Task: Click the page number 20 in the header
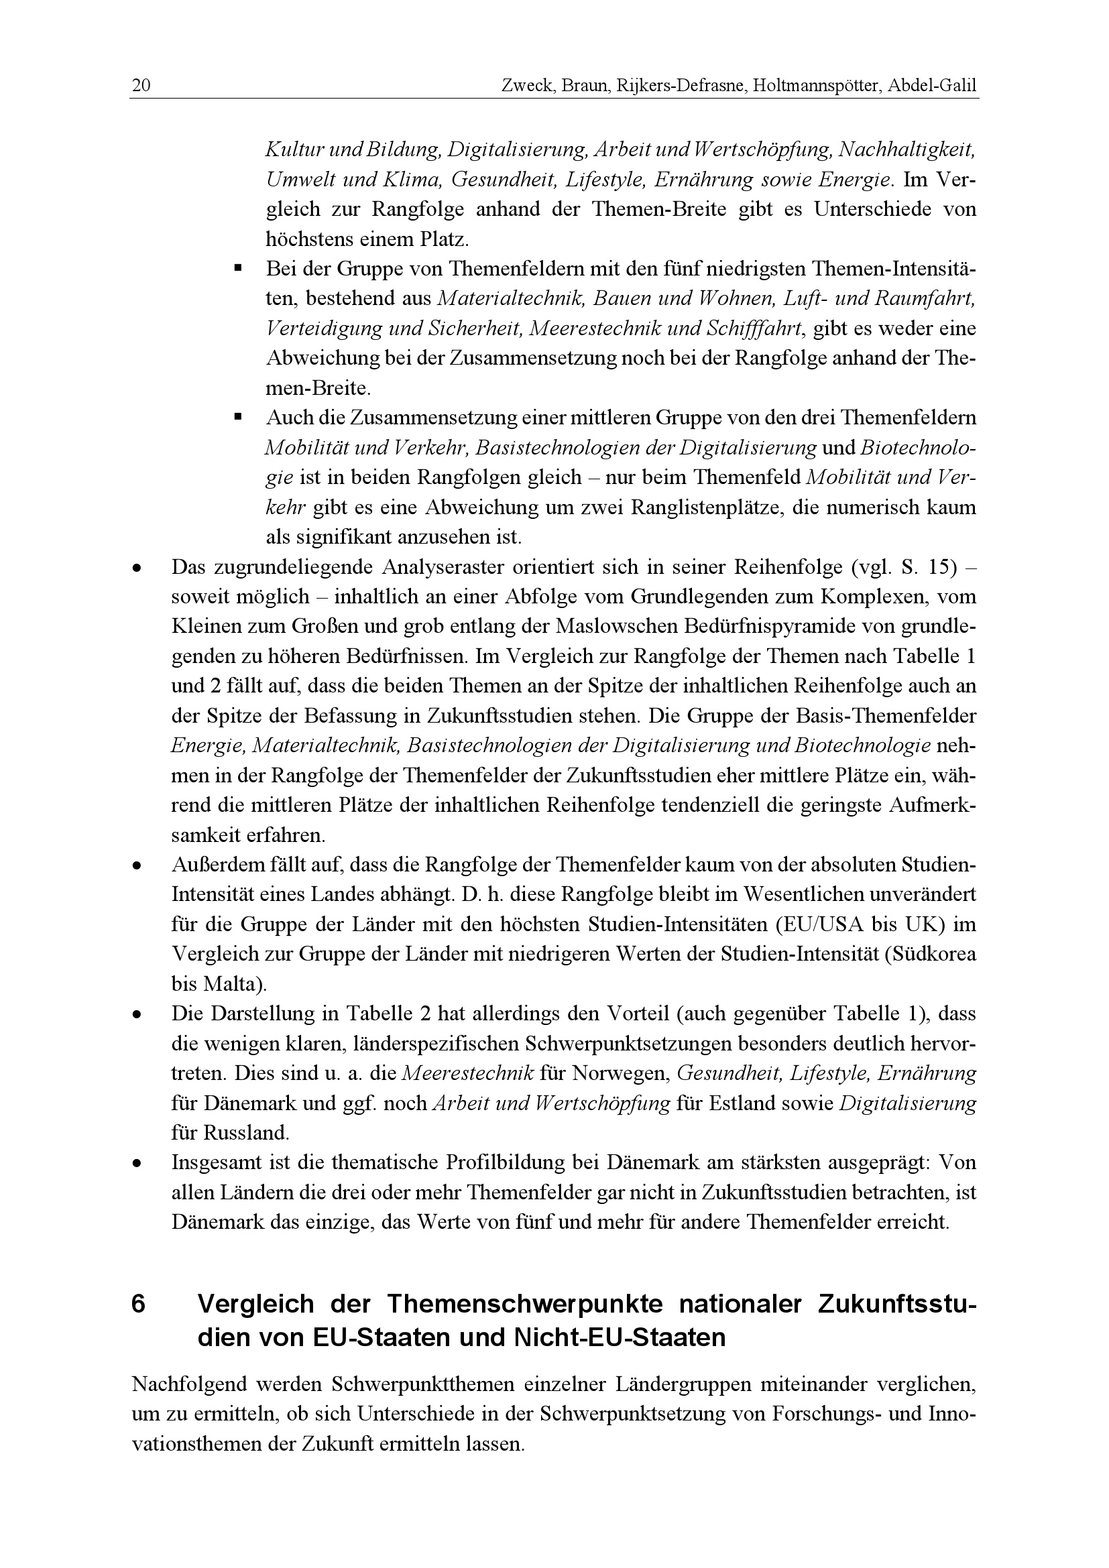pyautogui.click(x=141, y=86)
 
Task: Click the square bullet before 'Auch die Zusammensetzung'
pyautogui.click(x=238, y=416)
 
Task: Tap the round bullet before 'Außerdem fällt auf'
pyautogui.click(x=138, y=866)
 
